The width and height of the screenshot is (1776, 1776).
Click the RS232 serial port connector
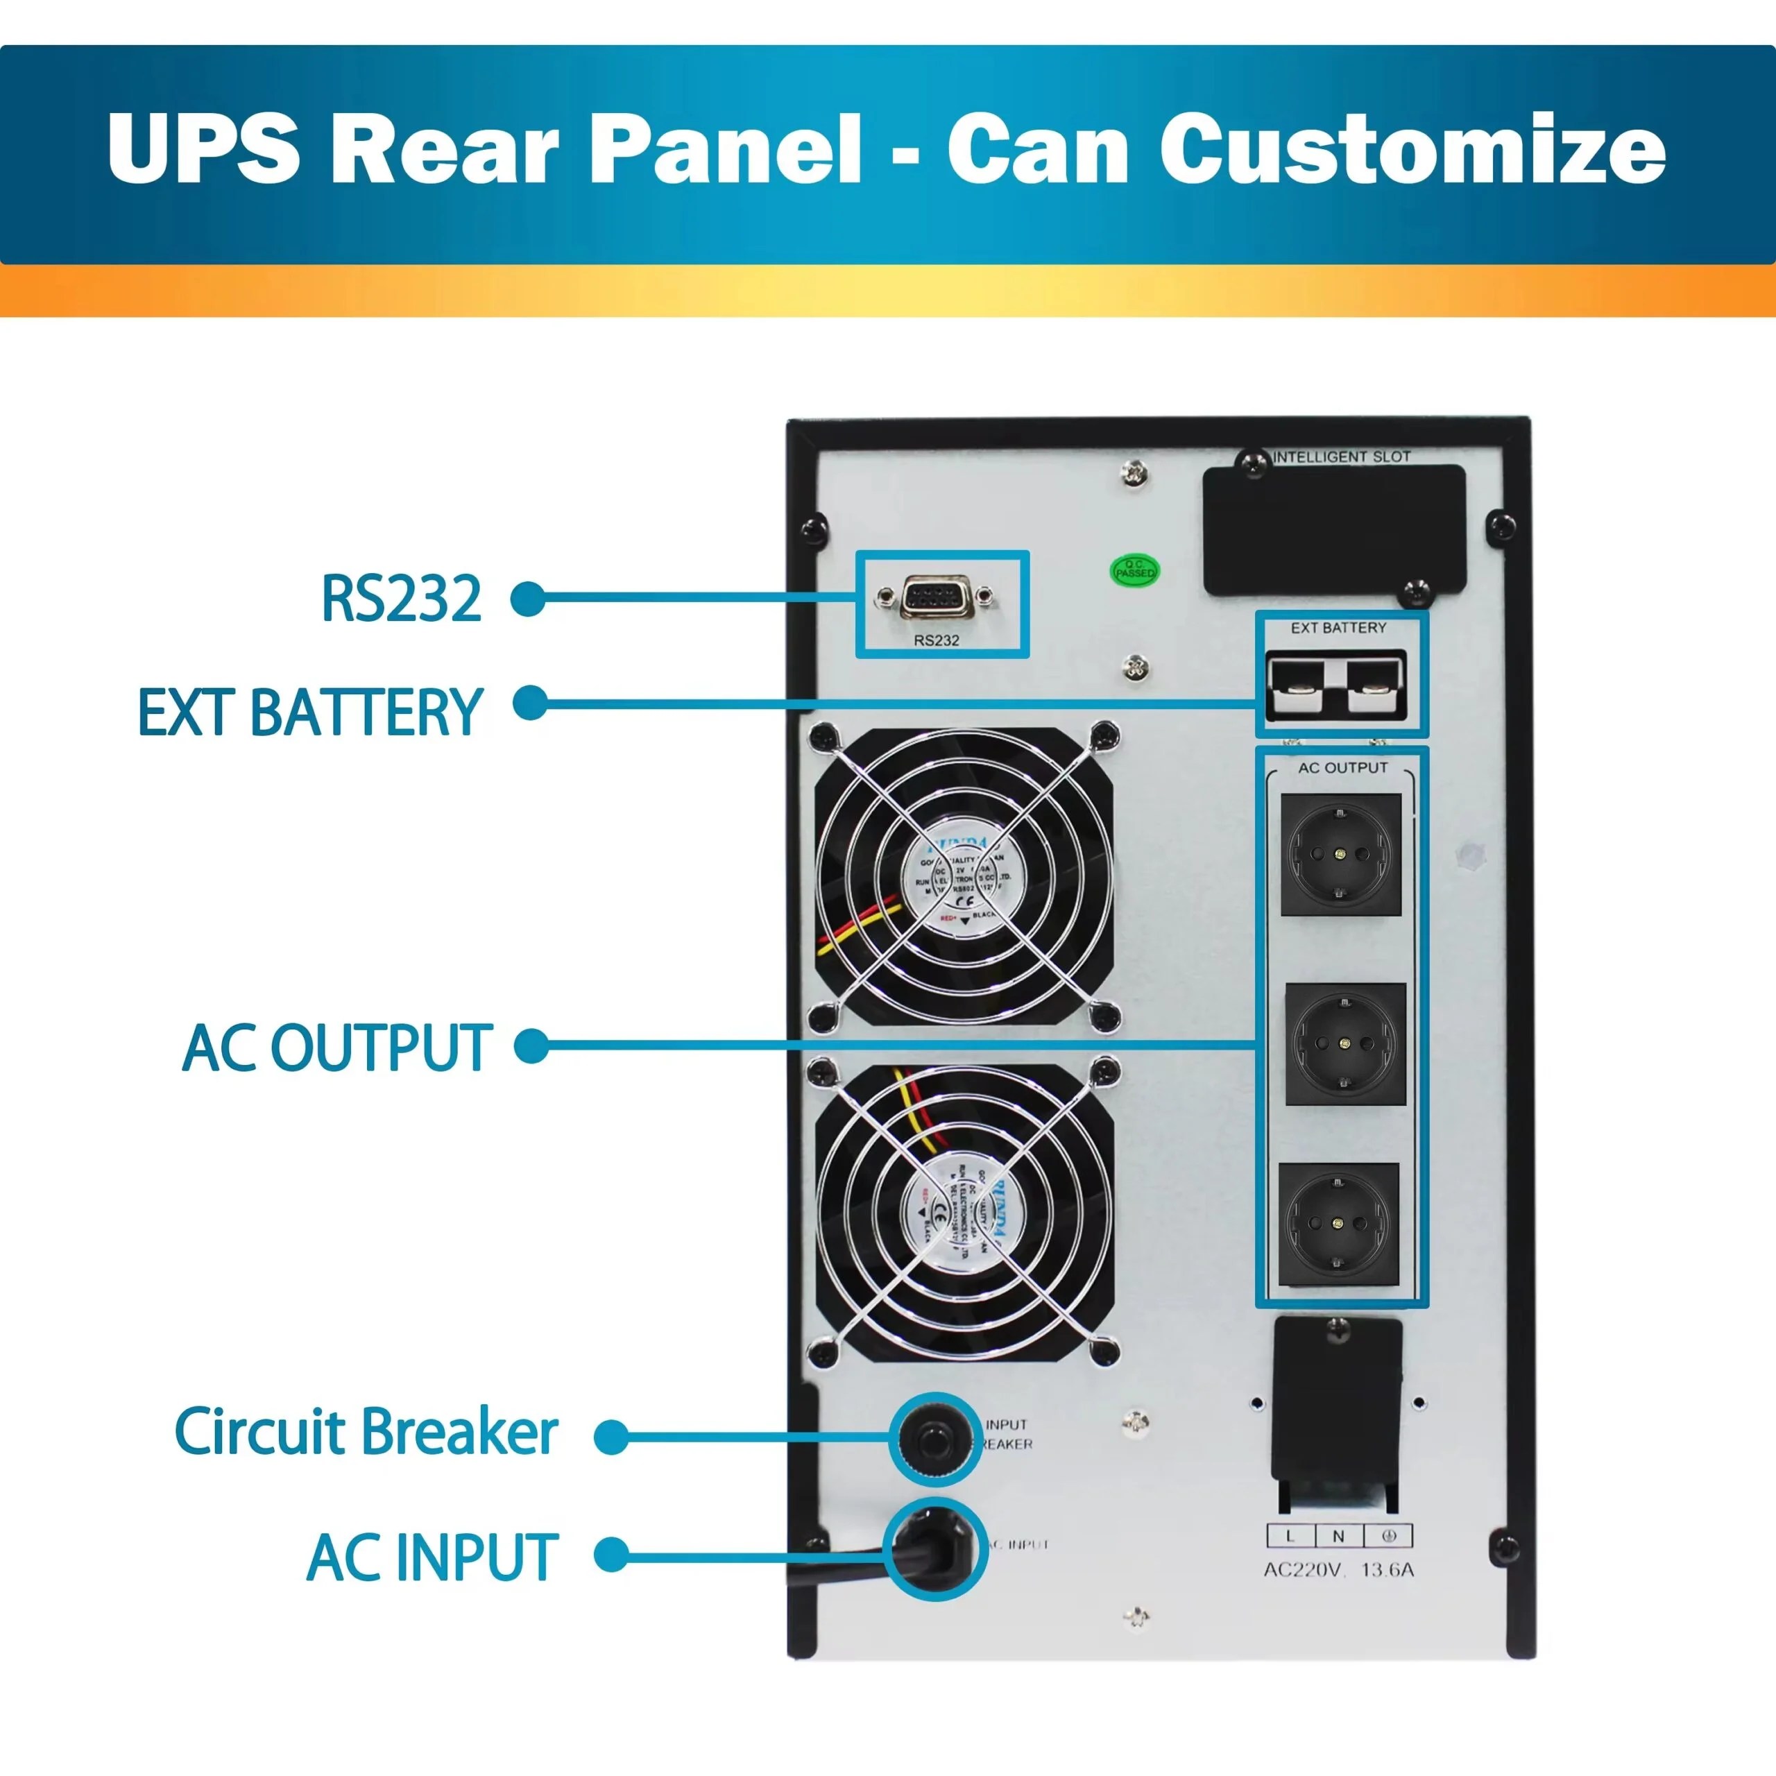click(x=933, y=597)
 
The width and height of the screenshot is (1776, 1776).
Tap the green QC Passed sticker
click(x=1134, y=571)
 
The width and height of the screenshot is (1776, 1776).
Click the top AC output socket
click(x=1341, y=854)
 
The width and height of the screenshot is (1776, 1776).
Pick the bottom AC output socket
click(x=1338, y=1224)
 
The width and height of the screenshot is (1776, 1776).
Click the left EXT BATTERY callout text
click(x=310, y=712)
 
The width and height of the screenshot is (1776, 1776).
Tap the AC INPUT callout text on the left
click(x=432, y=1557)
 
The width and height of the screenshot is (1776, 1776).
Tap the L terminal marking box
click(x=1290, y=1536)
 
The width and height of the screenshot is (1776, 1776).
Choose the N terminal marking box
click(x=1338, y=1536)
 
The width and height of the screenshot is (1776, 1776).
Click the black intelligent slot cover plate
click(x=1335, y=531)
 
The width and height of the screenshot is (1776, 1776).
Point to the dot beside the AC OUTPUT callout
click(x=531, y=1046)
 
